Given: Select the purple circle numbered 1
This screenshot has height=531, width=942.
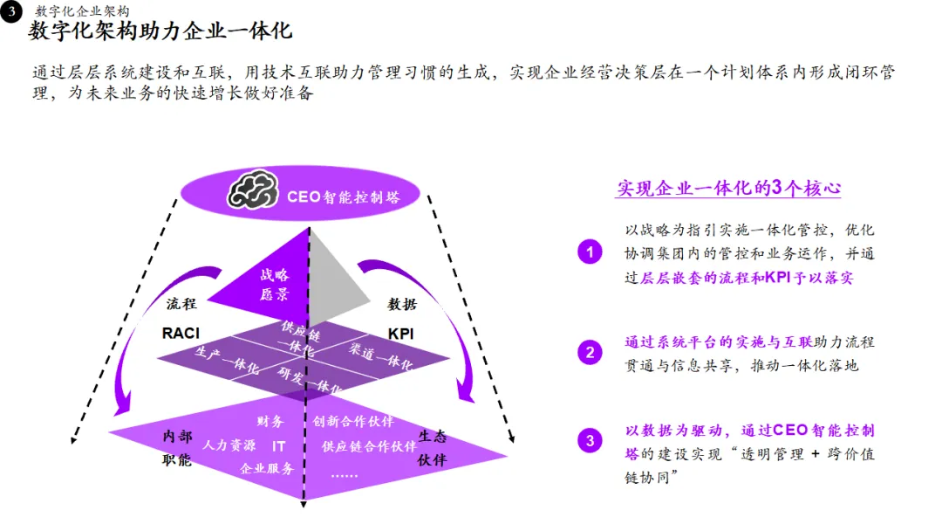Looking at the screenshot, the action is click(x=590, y=253).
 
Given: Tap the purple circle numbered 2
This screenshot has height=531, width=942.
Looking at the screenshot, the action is click(x=590, y=353).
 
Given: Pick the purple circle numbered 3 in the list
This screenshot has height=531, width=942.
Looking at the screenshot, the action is click(x=590, y=441).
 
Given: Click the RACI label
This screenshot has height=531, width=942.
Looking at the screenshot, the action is click(x=181, y=334).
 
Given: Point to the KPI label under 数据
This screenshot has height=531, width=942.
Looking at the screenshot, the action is click(x=402, y=334).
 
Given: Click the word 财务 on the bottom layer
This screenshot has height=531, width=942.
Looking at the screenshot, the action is click(x=270, y=422).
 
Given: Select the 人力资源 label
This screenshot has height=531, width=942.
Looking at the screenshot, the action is click(x=229, y=445).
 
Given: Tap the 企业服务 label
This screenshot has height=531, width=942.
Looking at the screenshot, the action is click(x=267, y=468).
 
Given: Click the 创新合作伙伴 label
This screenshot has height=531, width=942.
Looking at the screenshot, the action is click(x=353, y=422).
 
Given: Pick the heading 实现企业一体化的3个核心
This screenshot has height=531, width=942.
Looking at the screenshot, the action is click(x=728, y=189).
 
